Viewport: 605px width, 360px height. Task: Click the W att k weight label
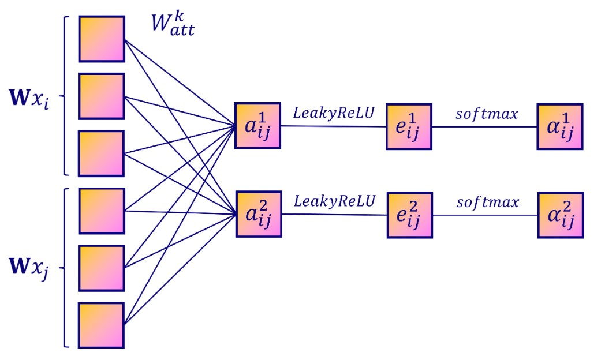click(x=173, y=22)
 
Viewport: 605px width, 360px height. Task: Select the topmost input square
click(x=102, y=39)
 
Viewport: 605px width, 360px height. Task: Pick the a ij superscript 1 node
click(x=257, y=125)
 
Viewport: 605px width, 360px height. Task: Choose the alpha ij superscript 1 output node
click(x=560, y=127)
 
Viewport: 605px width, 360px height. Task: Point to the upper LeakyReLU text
click(x=334, y=112)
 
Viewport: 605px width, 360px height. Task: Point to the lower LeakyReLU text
click(x=334, y=201)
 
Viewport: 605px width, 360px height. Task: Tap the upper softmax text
click(x=486, y=113)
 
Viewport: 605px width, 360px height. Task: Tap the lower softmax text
click(x=486, y=202)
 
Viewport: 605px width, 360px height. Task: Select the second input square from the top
click(x=102, y=96)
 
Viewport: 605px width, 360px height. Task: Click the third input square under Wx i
click(x=102, y=153)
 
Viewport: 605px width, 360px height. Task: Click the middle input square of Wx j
click(x=102, y=268)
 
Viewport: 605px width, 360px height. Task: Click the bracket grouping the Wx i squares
click(x=65, y=96)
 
